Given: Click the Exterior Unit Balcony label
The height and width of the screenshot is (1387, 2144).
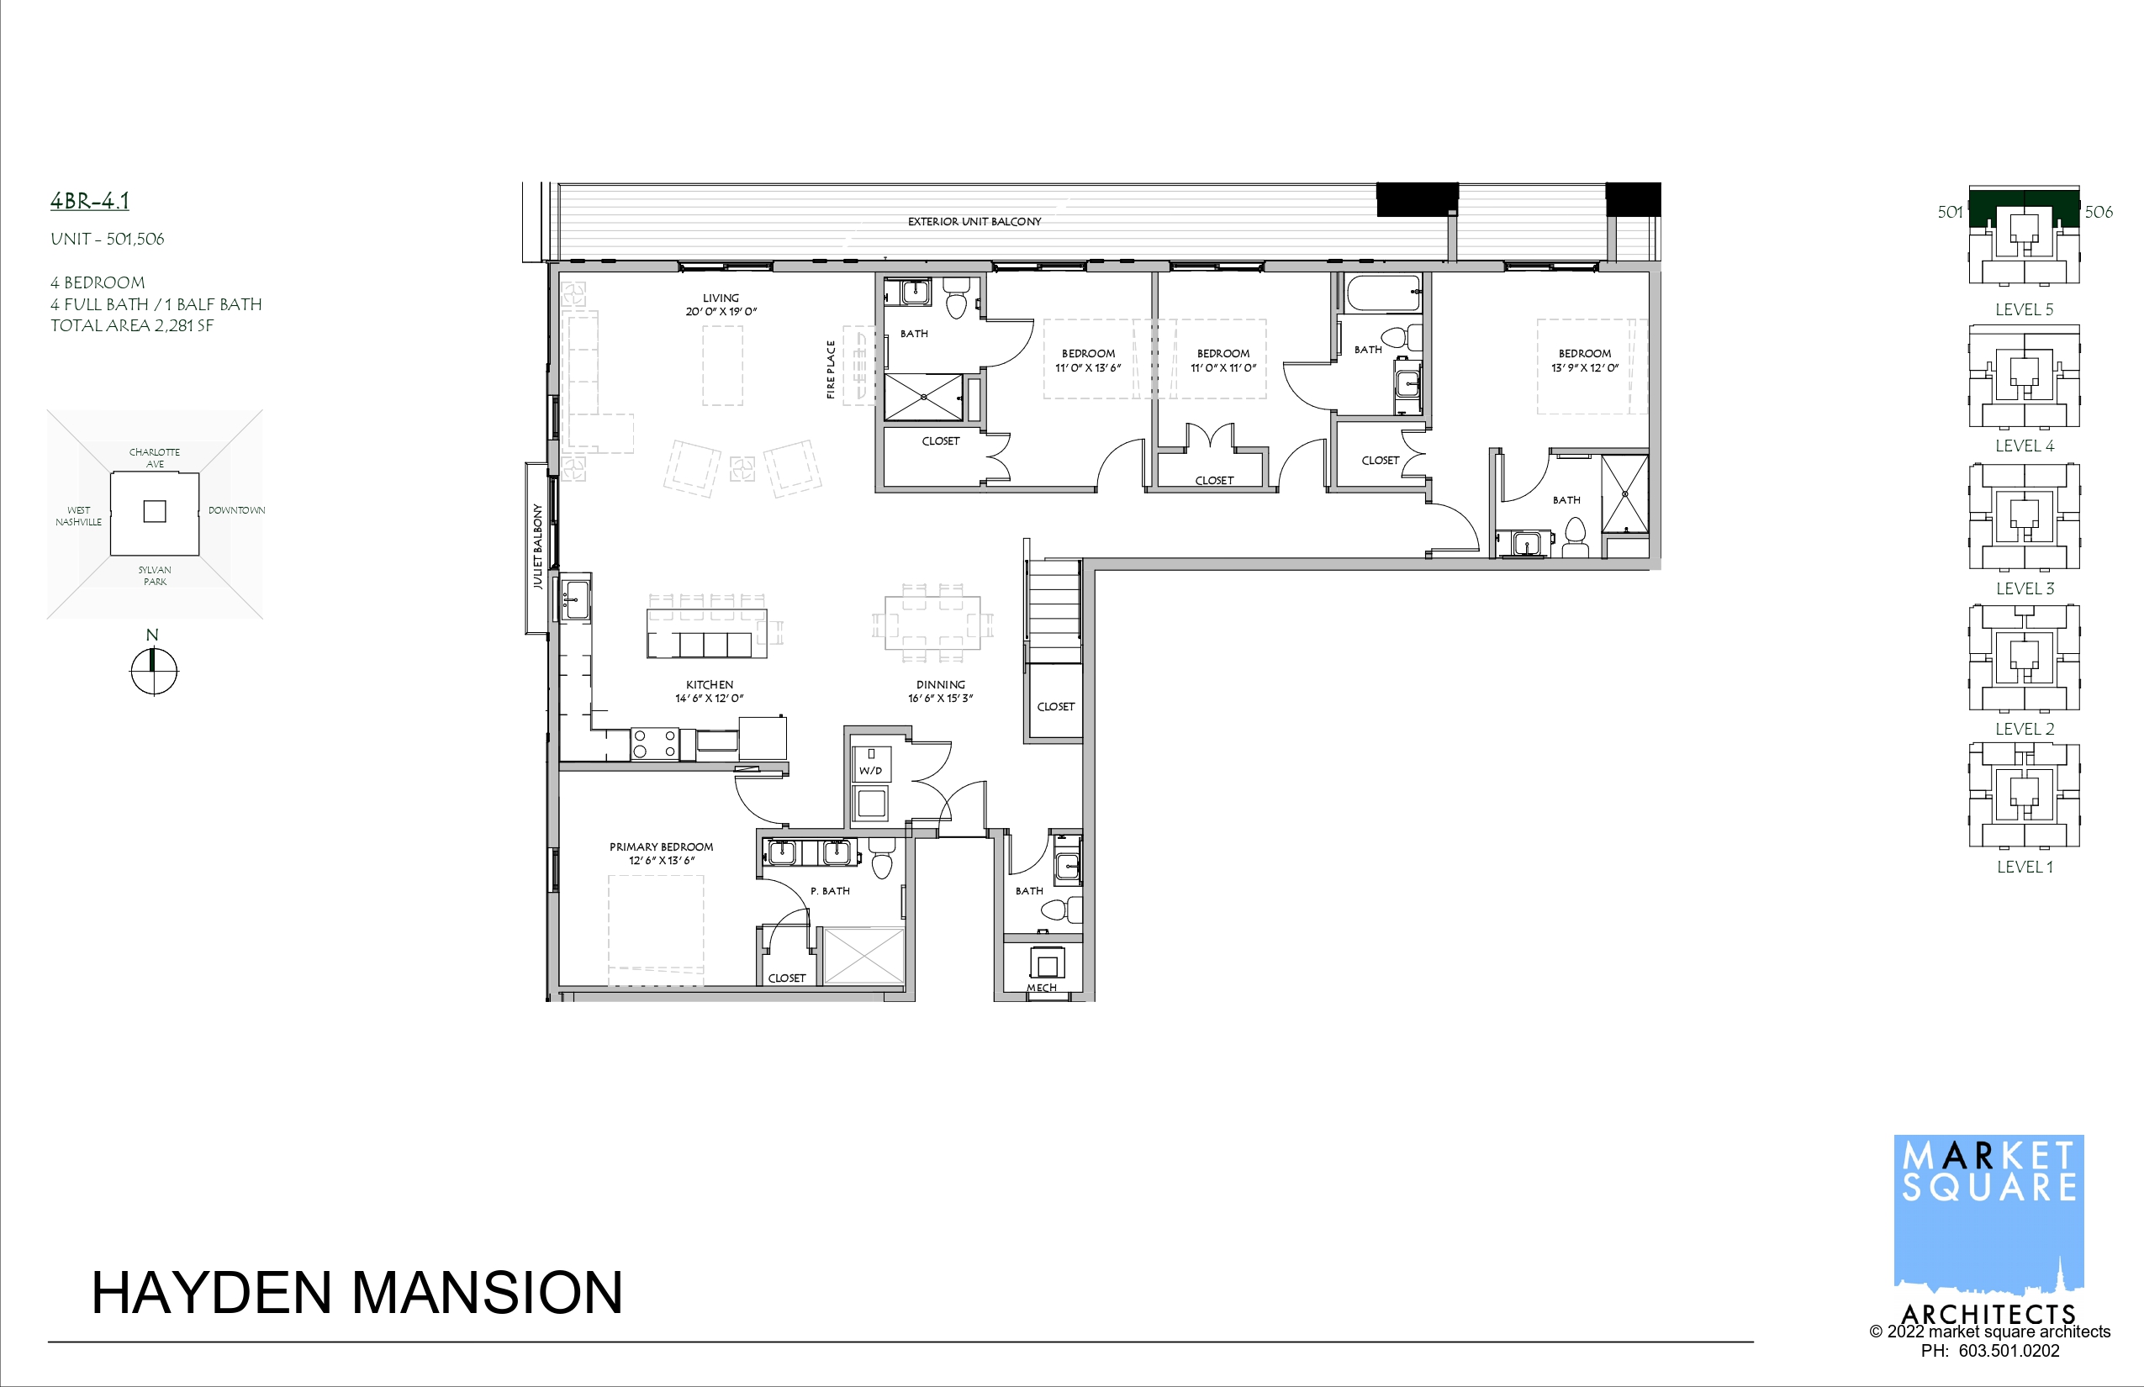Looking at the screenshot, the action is point(974,222).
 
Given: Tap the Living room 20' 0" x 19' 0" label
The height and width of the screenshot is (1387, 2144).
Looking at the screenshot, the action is point(721,304).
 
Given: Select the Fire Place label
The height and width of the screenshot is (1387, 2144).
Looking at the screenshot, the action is point(831,369).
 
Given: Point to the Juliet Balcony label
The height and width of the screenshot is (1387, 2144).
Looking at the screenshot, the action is point(538,546).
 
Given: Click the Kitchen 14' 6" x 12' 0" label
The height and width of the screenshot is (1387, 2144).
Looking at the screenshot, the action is point(709,692).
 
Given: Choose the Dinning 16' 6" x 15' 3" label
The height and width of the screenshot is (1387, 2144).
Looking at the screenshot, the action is point(941,692).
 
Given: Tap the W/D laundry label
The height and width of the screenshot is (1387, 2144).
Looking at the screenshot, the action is point(870,771).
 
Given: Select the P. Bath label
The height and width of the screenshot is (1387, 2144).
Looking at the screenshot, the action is point(830,891).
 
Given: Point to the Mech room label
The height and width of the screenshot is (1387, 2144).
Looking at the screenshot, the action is point(1042,988).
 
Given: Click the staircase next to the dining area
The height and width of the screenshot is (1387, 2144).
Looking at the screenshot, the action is point(1054,612).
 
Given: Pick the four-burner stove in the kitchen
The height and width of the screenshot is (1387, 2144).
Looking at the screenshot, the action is point(655,743).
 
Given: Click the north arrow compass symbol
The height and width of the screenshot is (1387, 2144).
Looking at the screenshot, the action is point(154,671).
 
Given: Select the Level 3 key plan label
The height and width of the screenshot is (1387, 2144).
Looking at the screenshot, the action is point(2025,589).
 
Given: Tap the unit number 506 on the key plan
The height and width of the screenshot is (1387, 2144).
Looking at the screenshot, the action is point(2098,212).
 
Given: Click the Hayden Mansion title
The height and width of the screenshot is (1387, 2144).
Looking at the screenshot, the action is point(356,1293).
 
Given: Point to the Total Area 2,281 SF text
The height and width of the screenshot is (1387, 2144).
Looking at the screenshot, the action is point(131,326).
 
